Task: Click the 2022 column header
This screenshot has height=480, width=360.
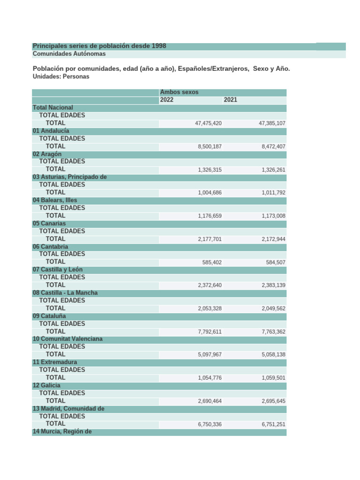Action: [167, 100]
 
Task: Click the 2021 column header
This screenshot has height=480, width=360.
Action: [231, 100]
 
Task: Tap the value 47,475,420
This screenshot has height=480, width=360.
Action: [208, 123]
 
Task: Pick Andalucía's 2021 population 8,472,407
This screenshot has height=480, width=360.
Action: [272, 147]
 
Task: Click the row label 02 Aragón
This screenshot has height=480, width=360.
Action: [47, 154]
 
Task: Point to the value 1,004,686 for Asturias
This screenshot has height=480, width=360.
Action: [210, 193]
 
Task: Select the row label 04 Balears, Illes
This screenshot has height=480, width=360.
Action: [55, 200]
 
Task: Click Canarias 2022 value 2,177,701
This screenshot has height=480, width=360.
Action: [210, 239]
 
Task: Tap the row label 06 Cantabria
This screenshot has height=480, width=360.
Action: [50, 247]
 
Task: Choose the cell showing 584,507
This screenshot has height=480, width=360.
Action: [276, 262]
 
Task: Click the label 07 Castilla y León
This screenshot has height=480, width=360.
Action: [58, 270]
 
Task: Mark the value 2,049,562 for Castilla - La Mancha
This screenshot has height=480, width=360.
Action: [273, 308]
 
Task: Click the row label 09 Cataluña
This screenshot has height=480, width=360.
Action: [49, 316]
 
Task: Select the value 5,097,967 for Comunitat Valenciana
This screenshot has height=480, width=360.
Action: [210, 354]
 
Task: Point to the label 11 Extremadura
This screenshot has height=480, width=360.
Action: [55, 362]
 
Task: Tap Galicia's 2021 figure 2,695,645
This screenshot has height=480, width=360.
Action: [273, 401]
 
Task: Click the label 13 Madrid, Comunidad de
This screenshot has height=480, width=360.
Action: [68, 409]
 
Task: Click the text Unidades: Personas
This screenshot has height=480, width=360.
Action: [61, 76]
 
